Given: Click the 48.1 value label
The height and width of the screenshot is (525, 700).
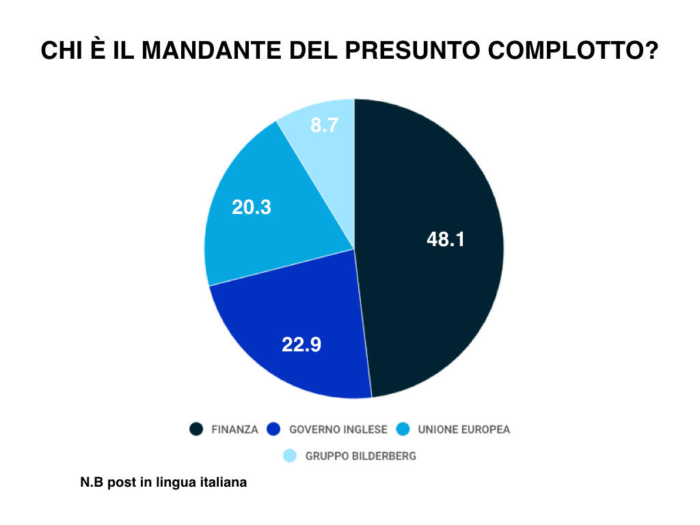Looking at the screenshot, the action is pyautogui.click(x=446, y=239).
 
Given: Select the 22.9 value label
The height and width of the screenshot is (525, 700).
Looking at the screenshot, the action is pyautogui.click(x=301, y=345).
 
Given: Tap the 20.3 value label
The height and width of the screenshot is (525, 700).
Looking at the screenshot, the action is pyautogui.click(x=252, y=207).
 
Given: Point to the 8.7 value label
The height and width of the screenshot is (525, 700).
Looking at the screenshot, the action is pyautogui.click(x=324, y=125).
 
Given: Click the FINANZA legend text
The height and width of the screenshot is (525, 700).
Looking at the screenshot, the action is pyautogui.click(x=235, y=429).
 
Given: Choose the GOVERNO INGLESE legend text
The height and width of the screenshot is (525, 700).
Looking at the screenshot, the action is pyautogui.click(x=338, y=429).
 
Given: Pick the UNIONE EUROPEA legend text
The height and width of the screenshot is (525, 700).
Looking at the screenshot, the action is pyautogui.click(x=464, y=429).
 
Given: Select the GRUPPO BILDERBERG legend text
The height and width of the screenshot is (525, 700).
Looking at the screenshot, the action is pyautogui.click(x=361, y=456).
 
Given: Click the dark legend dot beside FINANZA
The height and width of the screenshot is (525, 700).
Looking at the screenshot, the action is pyautogui.click(x=196, y=429).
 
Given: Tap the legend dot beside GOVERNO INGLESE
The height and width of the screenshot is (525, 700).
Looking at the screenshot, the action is pyautogui.click(x=273, y=429).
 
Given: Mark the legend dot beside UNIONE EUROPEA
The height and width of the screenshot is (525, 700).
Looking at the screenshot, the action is pyautogui.click(x=403, y=429).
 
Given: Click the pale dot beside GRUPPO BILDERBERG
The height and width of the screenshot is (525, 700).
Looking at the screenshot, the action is pyautogui.click(x=290, y=456).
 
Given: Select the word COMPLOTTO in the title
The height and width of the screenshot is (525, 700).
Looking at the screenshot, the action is pyautogui.click(x=574, y=50).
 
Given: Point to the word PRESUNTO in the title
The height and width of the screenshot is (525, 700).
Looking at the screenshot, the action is pyautogui.click(x=413, y=50).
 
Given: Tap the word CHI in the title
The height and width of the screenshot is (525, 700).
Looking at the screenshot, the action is pyautogui.click(x=62, y=50).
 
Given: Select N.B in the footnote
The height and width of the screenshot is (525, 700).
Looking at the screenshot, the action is pyautogui.click(x=92, y=482).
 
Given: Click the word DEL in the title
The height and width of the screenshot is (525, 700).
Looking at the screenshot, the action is pyautogui.click(x=314, y=50).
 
